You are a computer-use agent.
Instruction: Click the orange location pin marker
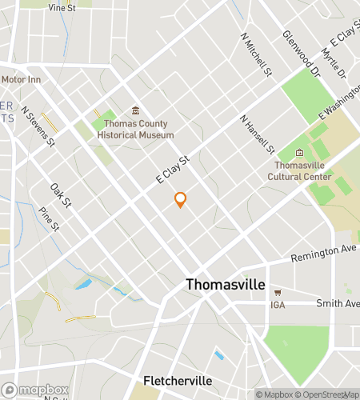pos(181,200)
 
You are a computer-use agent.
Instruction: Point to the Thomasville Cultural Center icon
pos(299,153)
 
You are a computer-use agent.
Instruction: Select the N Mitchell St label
pos(256,55)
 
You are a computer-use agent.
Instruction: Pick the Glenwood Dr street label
pos(301,54)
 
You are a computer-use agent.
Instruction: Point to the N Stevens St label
pos(38,126)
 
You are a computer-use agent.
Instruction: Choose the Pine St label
pos(49,219)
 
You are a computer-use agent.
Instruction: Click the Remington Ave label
pos(324,250)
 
